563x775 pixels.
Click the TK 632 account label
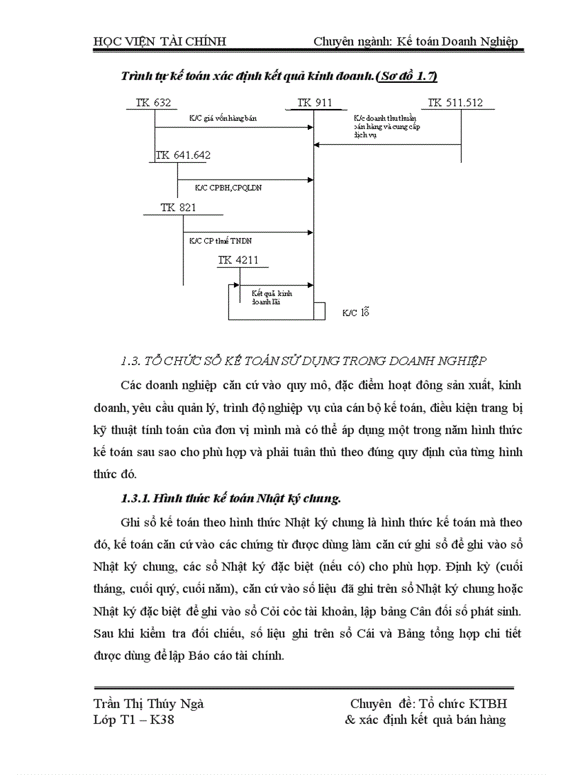tap(153, 103)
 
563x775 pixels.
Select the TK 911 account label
tap(315, 103)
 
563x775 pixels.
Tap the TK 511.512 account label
tap(455, 103)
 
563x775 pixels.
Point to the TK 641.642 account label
tap(184, 155)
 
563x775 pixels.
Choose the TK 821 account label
tap(178, 208)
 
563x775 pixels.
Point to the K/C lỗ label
tap(356, 313)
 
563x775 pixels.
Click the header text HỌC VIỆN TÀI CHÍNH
tap(159, 41)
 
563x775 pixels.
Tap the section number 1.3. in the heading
tap(131, 361)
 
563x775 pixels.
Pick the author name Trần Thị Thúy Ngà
tap(148, 704)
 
